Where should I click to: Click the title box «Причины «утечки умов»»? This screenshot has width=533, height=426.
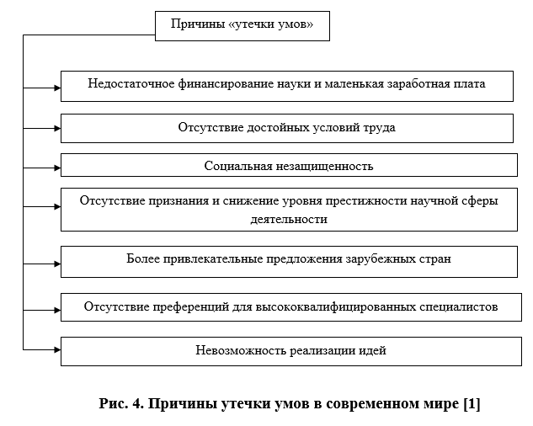click(x=242, y=25)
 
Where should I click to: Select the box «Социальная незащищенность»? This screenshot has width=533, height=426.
click(x=288, y=166)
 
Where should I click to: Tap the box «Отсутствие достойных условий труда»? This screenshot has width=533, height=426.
click(x=286, y=128)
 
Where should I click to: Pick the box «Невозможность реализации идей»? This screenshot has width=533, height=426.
click(x=290, y=350)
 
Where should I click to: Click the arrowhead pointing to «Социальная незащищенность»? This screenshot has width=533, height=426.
click(x=56, y=166)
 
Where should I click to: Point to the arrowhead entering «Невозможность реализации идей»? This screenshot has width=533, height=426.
click(x=56, y=349)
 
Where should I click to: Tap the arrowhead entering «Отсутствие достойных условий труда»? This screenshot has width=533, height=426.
click(x=56, y=128)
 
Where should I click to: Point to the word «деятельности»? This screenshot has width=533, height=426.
click(x=289, y=219)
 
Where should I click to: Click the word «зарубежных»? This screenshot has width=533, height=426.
click(x=383, y=258)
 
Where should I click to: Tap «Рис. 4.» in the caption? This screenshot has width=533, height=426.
click(x=119, y=404)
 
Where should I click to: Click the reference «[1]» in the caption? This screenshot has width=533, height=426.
click(x=471, y=404)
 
